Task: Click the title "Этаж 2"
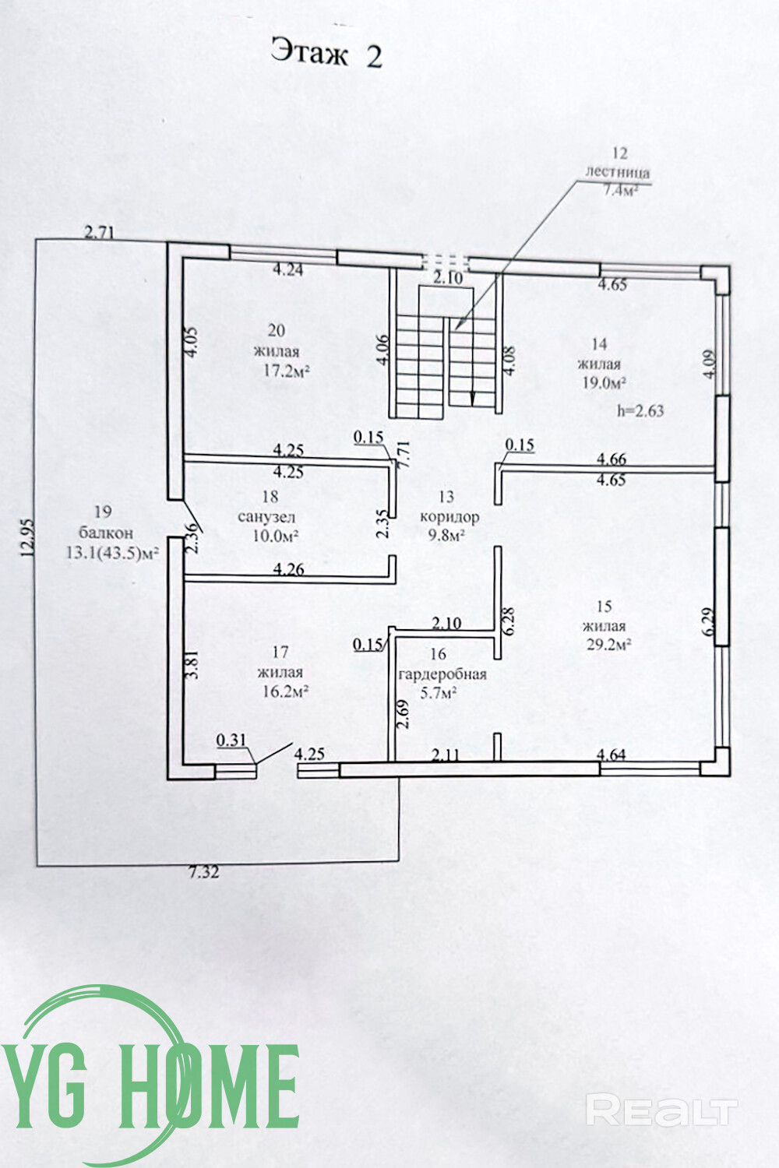click(x=326, y=53)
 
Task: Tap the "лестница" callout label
click(x=618, y=173)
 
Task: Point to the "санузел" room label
click(x=266, y=517)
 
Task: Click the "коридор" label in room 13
click(x=449, y=516)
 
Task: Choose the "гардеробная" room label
click(x=442, y=674)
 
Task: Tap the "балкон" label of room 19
click(x=106, y=533)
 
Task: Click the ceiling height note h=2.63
click(x=640, y=411)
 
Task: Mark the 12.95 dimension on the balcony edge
click(x=28, y=537)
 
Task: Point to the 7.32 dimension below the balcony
click(x=203, y=872)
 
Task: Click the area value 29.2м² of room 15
click(x=608, y=644)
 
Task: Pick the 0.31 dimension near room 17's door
click(x=231, y=741)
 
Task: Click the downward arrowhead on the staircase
click(x=473, y=399)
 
